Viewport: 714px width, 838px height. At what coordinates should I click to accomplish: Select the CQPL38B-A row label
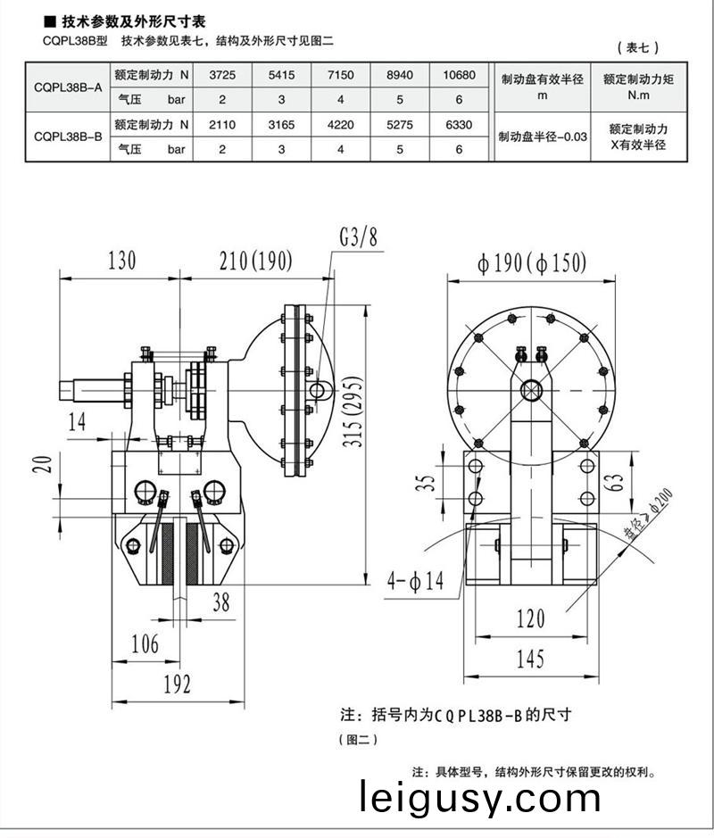[67, 88]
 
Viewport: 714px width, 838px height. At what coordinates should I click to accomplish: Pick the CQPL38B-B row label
[67, 137]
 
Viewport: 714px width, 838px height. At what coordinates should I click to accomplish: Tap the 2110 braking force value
[222, 125]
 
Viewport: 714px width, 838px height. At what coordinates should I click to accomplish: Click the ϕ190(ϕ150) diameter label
[532, 262]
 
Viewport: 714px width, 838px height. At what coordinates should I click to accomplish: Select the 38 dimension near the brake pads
[220, 603]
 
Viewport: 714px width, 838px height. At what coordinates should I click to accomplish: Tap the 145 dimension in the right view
[529, 660]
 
